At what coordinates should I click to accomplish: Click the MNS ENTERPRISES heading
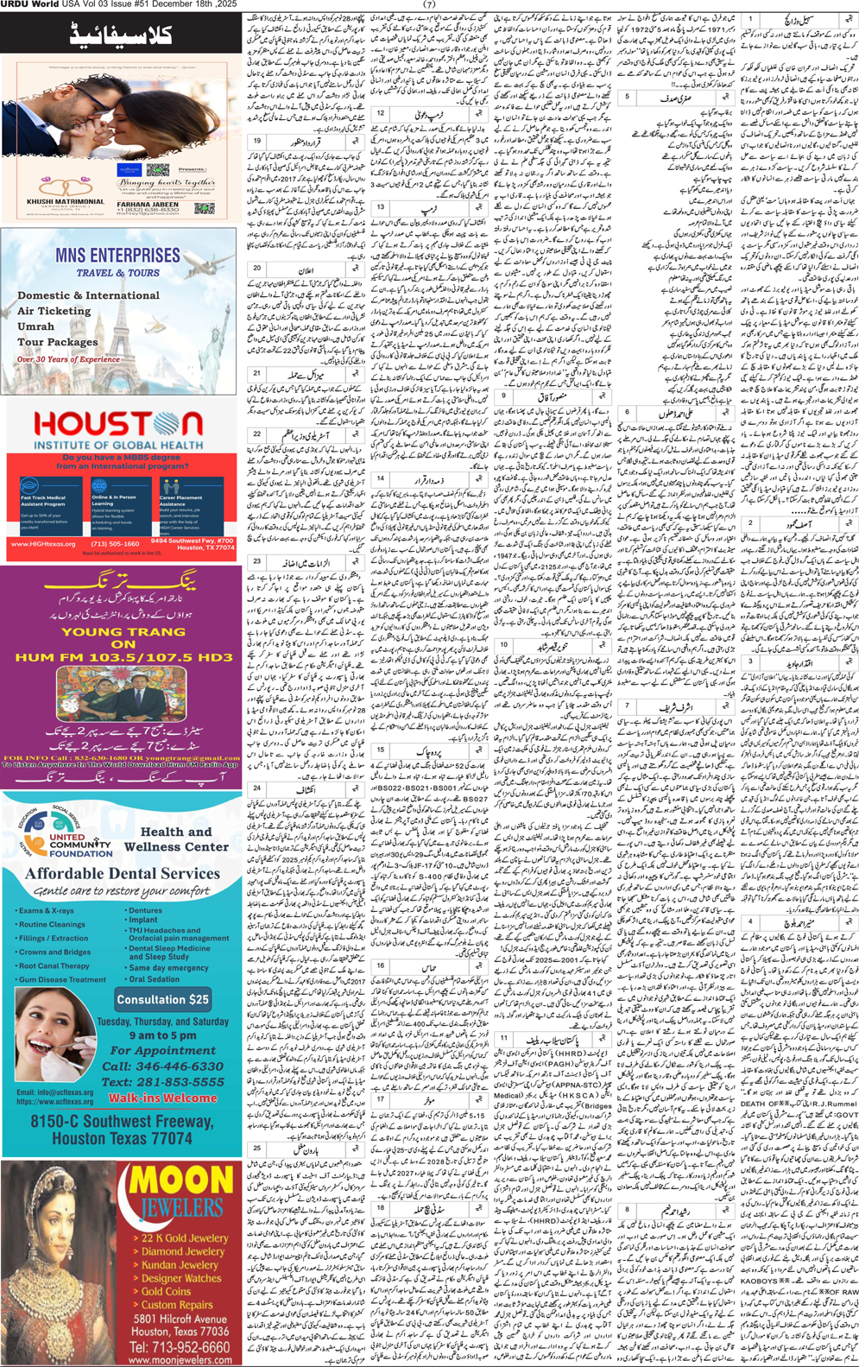click(x=117, y=256)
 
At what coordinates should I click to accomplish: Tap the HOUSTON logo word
click(x=118, y=424)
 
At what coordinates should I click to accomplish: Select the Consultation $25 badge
click(x=163, y=999)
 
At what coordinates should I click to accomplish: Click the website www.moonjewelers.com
click(x=180, y=1360)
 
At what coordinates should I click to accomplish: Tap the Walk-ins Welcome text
click(x=162, y=1098)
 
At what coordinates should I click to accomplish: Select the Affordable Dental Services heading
click(x=122, y=873)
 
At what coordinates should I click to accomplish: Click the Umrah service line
click(x=35, y=326)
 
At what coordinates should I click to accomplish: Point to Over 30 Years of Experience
click(x=68, y=359)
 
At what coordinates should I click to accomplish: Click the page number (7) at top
click(x=429, y=4)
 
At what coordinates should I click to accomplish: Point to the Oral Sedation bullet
click(x=155, y=979)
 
